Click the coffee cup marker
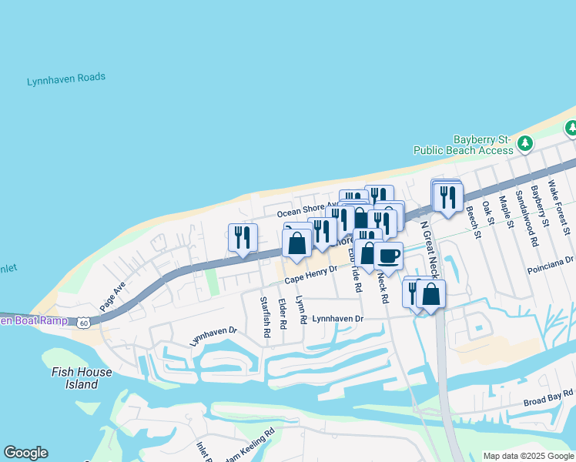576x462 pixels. pyautogui.click(x=388, y=256)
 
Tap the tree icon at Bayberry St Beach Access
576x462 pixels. pyautogui.click(x=525, y=143)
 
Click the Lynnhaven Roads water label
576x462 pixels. pyautogui.click(x=66, y=79)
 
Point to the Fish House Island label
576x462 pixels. pyautogui.click(x=82, y=378)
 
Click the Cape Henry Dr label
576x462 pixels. pyautogui.click(x=311, y=275)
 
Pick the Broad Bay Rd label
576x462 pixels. pyautogui.click(x=548, y=401)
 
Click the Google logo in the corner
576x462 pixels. pyautogui.click(x=25, y=453)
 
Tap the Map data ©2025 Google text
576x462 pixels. pyautogui.click(x=529, y=456)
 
